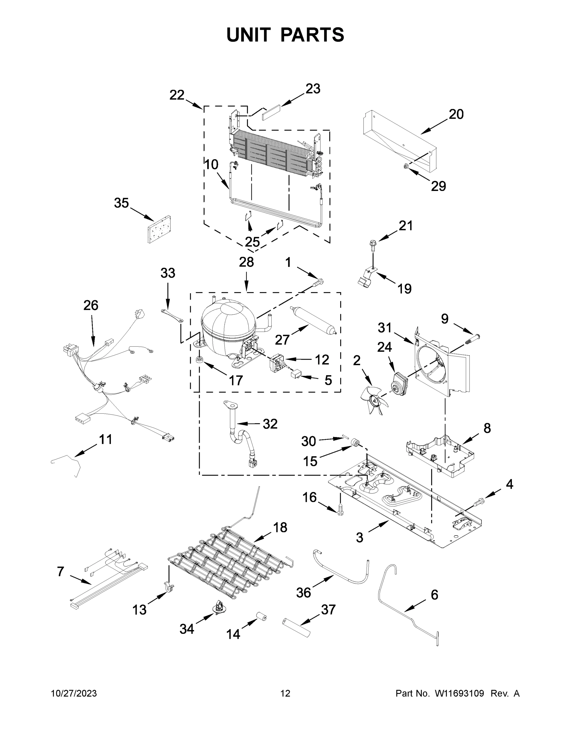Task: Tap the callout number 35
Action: (121, 203)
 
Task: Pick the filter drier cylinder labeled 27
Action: (313, 320)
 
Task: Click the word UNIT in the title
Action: (248, 35)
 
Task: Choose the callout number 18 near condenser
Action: (280, 528)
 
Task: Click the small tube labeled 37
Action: (296, 628)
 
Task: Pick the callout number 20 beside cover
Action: (456, 115)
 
